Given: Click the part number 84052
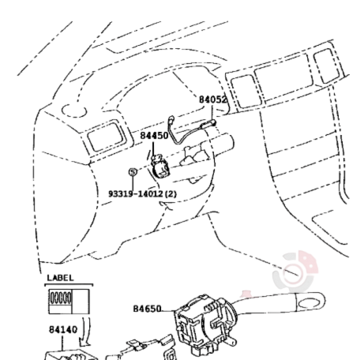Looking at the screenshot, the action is pyautogui.click(x=212, y=99).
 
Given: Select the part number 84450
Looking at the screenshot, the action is pyautogui.click(x=154, y=136).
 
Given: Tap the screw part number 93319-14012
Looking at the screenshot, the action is pyautogui.click(x=136, y=194).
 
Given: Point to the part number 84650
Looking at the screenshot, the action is pyautogui.click(x=147, y=309).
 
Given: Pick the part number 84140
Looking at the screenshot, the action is pyautogui.click(x=63, y=329).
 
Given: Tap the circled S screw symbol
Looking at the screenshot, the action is pyautogui.click(x=133, y=172).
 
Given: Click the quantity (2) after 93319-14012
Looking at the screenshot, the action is pyautogui.click(x=171, y=194).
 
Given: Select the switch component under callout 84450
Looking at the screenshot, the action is pyautogui.click(x=160, y=167).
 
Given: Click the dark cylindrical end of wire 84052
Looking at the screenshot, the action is pyautogui.click(x=209, y=123).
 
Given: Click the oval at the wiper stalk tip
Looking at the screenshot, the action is pyautogui.click(x=310, y=303).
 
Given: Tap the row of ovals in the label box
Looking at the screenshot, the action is pyautogui.click(x=61, y=298).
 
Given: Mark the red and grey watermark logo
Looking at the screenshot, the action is pyautogui.click(x=295, y=271).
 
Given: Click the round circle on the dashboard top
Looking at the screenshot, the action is pyautogui.click(x=74, y=111).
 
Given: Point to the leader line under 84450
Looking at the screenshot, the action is pyautogui.click(x=153, y=148).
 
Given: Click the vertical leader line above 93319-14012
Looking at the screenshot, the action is pyautogui.click(x=133, y=183).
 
